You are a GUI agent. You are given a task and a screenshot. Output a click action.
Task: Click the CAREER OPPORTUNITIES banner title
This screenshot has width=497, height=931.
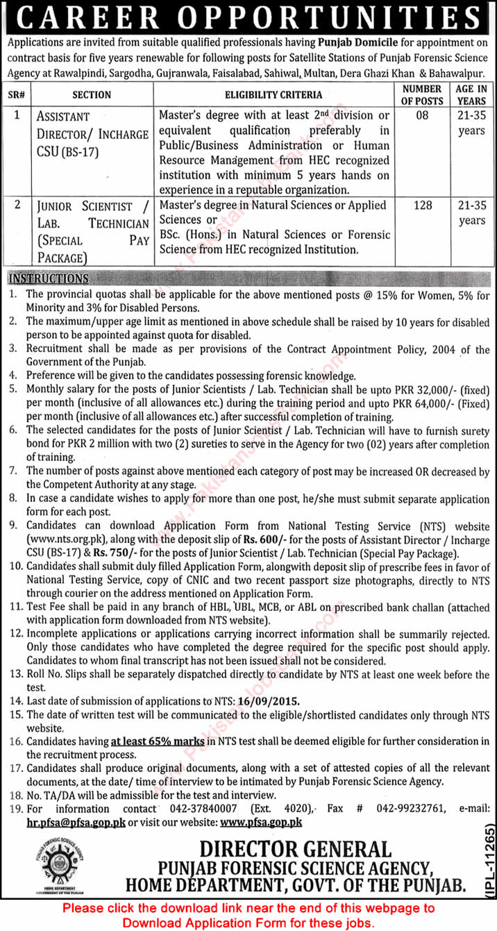click(x=248, y=17)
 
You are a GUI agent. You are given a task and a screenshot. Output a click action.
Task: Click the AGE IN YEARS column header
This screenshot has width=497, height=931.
click(x=472, y=94)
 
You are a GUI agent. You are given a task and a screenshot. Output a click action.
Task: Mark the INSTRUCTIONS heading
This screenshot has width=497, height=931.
click(x=48, y=279)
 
